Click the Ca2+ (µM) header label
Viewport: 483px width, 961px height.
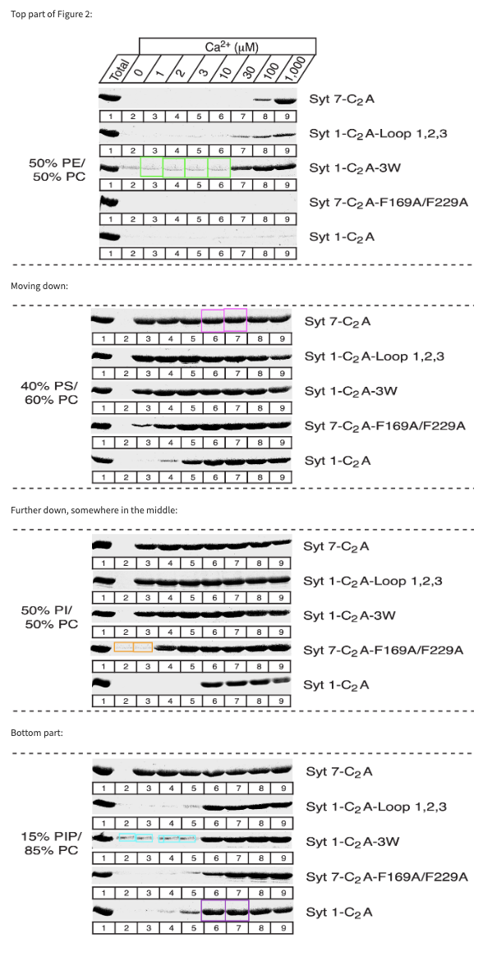[x=227, y=47]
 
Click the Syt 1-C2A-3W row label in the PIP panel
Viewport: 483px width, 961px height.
[x=352, y=842]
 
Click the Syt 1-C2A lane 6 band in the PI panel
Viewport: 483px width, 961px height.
[x=213, y=683]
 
